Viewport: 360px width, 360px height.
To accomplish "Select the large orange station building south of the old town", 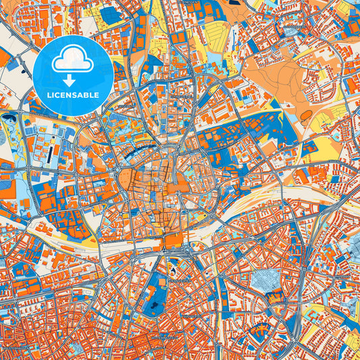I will pos(174,240).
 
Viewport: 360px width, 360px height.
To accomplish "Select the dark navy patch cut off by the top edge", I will pos(236,3).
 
